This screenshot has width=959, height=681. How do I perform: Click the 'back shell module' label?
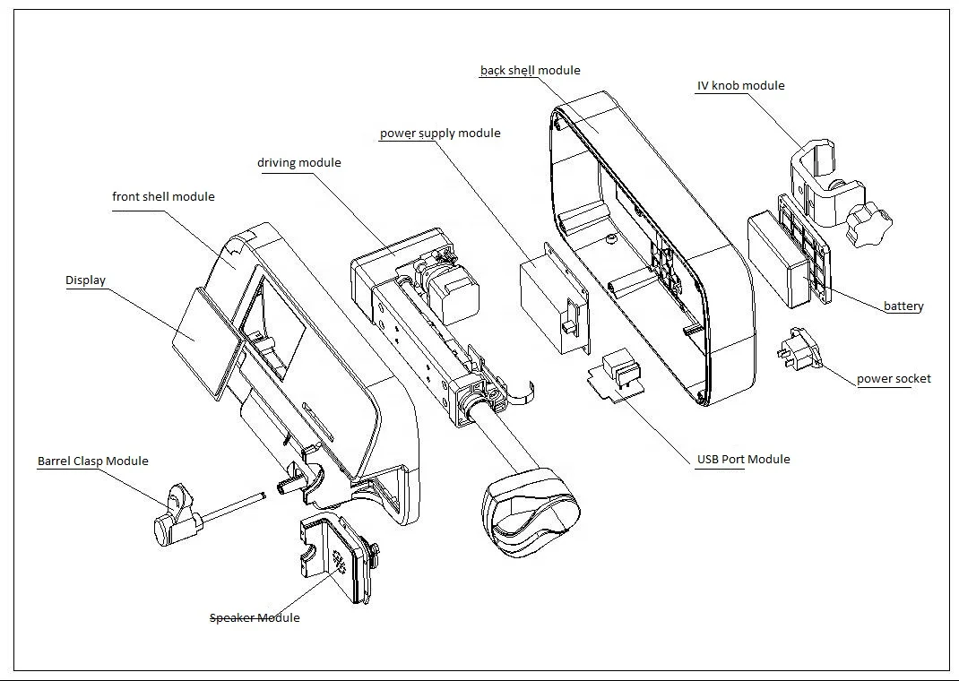tap(530, 71)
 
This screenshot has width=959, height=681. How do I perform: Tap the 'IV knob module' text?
tap(740, 86)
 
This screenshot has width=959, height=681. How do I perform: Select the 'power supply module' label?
tap(439, 134)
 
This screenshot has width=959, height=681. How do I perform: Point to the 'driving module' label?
tap(298, 163)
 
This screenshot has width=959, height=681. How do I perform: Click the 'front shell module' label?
tap(163, 197)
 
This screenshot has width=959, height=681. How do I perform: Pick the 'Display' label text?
tap(85, 280)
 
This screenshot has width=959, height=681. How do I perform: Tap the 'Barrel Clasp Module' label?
tap(92, 461)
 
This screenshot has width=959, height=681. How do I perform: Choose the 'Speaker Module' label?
tap(255, 618)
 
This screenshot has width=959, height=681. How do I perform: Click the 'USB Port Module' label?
tap(743, 460)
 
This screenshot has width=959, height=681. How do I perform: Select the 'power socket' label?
tap(893, 379)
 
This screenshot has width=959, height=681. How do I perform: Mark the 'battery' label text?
tap(903, 306)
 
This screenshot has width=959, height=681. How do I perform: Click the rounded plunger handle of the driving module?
tap(530, 511)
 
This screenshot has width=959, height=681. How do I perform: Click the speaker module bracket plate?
tap(337, 556)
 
